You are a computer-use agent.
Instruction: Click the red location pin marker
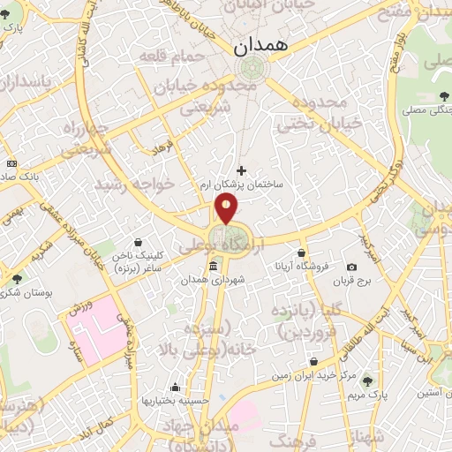point(227,208)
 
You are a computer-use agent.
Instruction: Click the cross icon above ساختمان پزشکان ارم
point(242,170)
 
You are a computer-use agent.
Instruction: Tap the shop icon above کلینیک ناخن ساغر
point(138,241)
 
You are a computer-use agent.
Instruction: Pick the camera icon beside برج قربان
point(351,267)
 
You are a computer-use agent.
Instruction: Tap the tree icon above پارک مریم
point(368,381)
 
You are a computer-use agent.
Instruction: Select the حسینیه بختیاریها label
point(177,400)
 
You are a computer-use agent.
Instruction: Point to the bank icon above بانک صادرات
point(11,163)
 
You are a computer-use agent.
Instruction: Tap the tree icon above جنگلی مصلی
point(441,97)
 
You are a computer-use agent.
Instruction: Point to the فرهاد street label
point(164,145)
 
